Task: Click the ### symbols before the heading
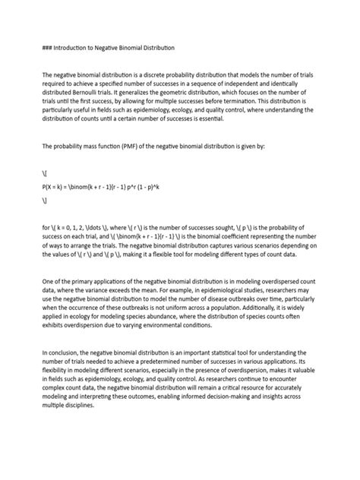tap(47, 48)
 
